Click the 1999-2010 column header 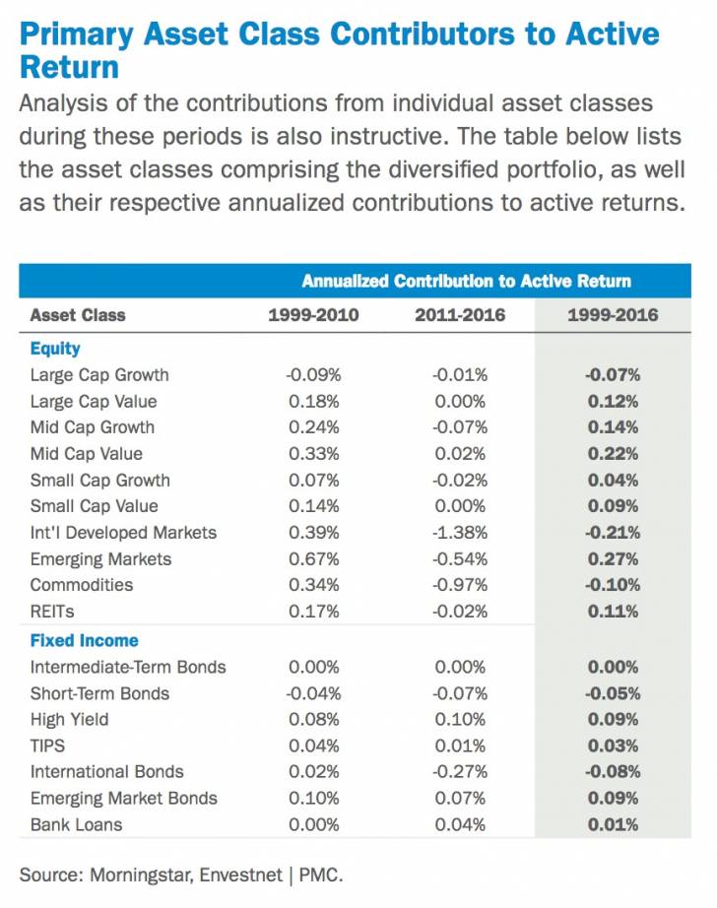coord(313,315)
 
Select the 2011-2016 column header coord(461,315)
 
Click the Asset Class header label coord(78,315)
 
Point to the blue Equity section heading coord(55,349)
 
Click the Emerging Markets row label coord(100,559)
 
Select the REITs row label coord(52,612)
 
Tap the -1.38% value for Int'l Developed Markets coord(460,533)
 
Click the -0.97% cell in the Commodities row coord(460,585)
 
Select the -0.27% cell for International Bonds coord(460,771)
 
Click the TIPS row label coord(48,746)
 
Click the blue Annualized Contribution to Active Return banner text coord(466,281)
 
